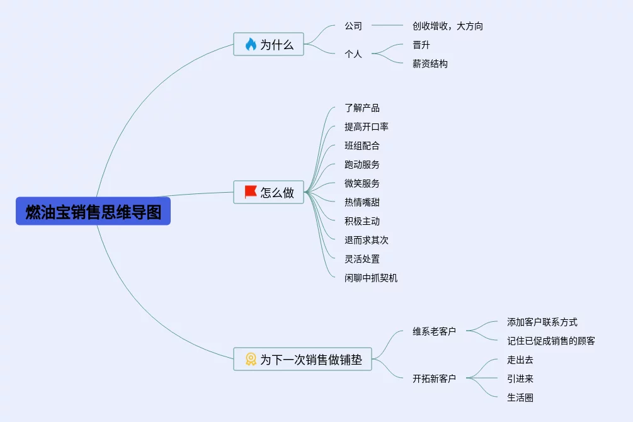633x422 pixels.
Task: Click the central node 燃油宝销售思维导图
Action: [x=93, y=212]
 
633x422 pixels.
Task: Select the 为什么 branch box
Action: [x=269, y=45]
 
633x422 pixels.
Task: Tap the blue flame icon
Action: [x=251, y=45]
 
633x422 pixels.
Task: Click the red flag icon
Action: [x=251, y=192]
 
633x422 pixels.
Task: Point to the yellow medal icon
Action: [x=251, y=359]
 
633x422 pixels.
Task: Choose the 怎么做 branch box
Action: [x=269, y=192]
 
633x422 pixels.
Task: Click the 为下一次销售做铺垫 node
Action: [x=303, y=359]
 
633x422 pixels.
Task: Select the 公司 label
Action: [x=353, y=26]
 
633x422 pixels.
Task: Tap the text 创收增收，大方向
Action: [x=448, y=26]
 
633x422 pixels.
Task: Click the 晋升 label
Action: [x=421, y=45]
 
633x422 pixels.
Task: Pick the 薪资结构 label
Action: [x=430, y=64]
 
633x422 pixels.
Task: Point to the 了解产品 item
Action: [x=362, y=108]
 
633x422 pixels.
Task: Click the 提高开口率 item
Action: [x=367, y=127]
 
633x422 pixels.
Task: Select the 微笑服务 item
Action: [x=362, y=183]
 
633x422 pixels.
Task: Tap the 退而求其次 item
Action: [x=367, y=240]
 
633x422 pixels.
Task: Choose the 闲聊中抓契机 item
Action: [x=371, y=278]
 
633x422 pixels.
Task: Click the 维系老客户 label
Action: [x=434, y=331]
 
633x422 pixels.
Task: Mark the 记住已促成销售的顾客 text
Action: [x=551, y=341]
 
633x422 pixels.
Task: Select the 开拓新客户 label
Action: [x=434, y=379]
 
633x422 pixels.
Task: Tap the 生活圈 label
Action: [x=520, y=397]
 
